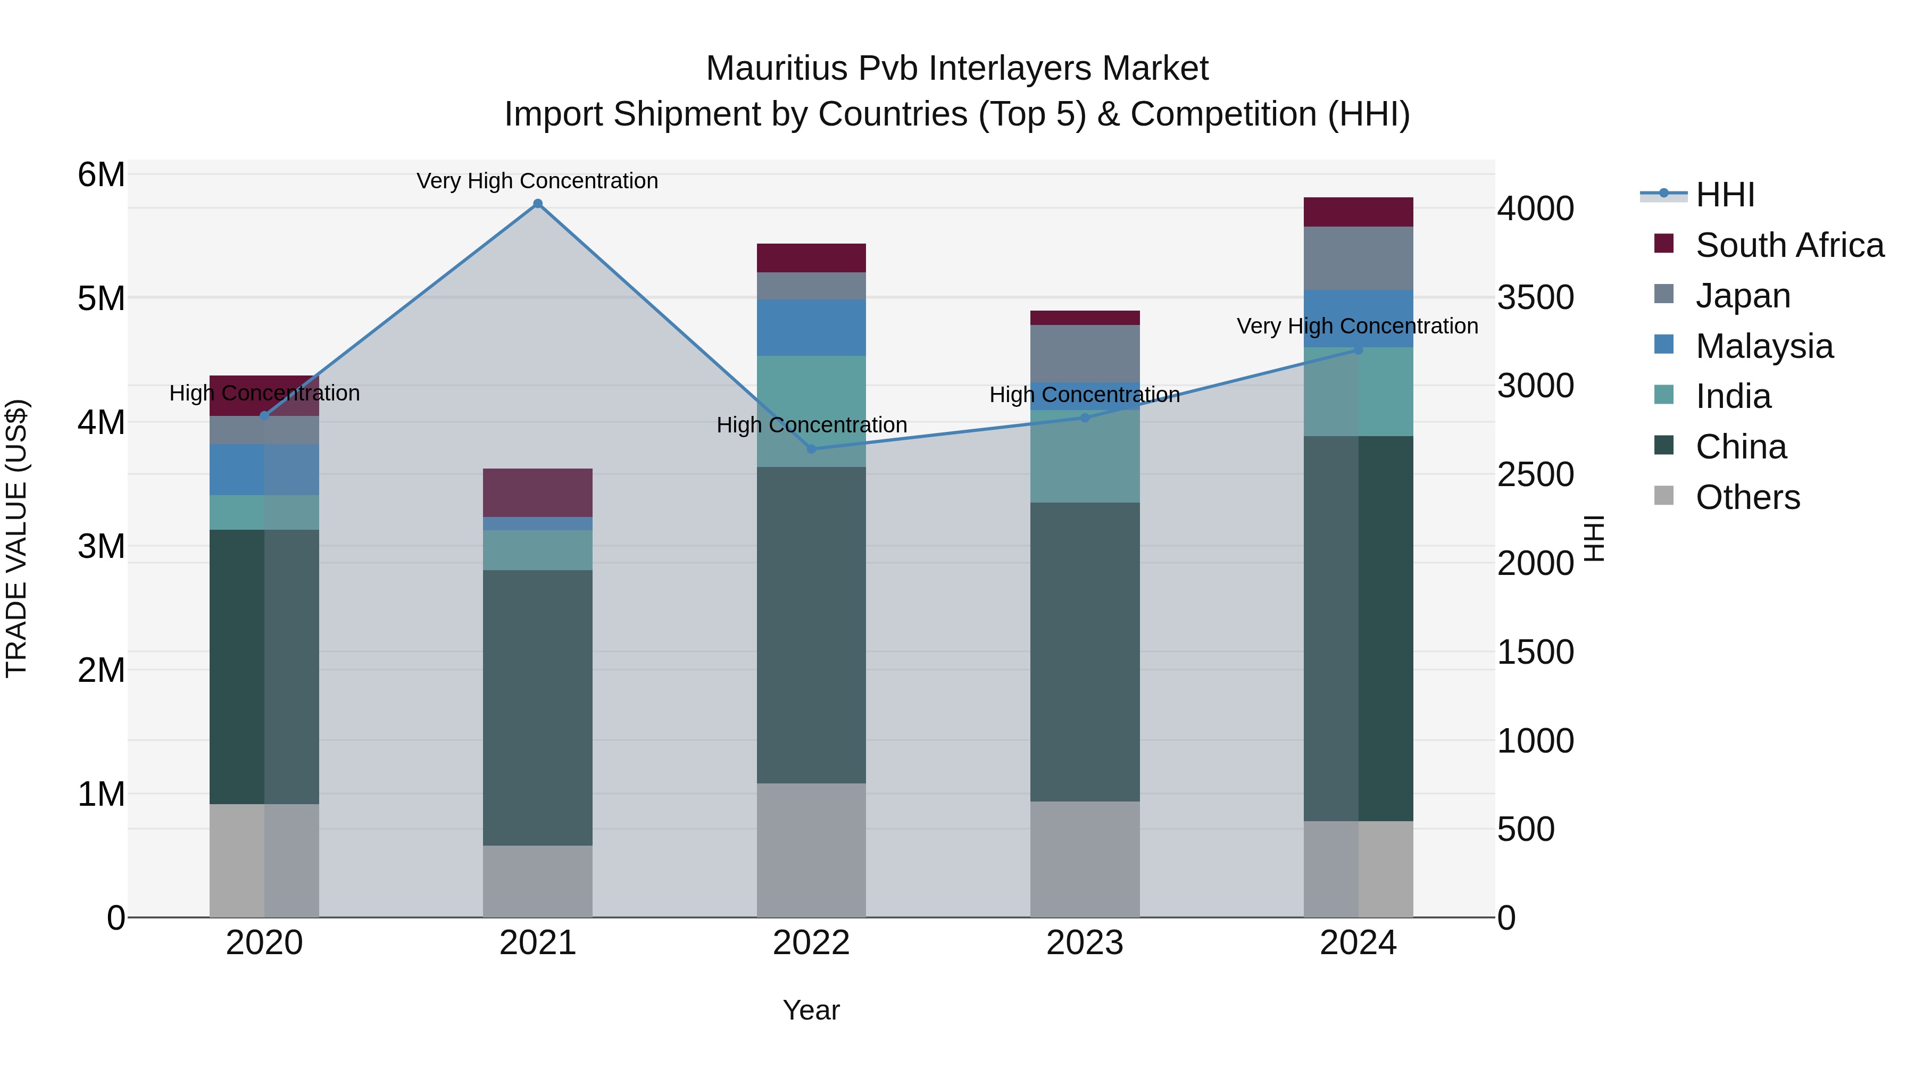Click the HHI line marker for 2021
pyautogui.click(x=537, y=204)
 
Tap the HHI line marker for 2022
pyautogui.click(x=811, y=449)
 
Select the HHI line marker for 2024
pyautogui.click(x=1358, y=349)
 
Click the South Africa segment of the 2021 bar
pyautogui.click(x=537, y=493)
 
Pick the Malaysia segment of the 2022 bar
pyautogui.click(x=811, y=328)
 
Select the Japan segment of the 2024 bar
pyautogui.click(x=1358, y=258)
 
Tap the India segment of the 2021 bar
pyautogui.click(x=537, y=550)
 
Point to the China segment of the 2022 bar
pyautogui.click(x=811, y=624)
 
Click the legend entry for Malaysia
pyautogui.click(x=1764, y=346)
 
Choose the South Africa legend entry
pyautogui.click(x=1789, y=245)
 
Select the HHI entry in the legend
pyautogui.click(x=1725, y=195)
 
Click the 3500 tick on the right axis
pyautogui.click(x=1535, y=297)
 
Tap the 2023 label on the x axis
pyautogui.click(x=1085, y=943)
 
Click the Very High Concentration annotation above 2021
pyautogui.click(x=537, y=181)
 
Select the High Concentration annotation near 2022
pyautogui.click(x=811, y=425)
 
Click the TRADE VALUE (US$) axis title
pyautogui.click(x=16, y=538)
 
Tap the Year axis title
pyautogui.click(x=811, y=1010)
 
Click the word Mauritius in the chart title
pyautogui.click(x=776, y=69)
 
